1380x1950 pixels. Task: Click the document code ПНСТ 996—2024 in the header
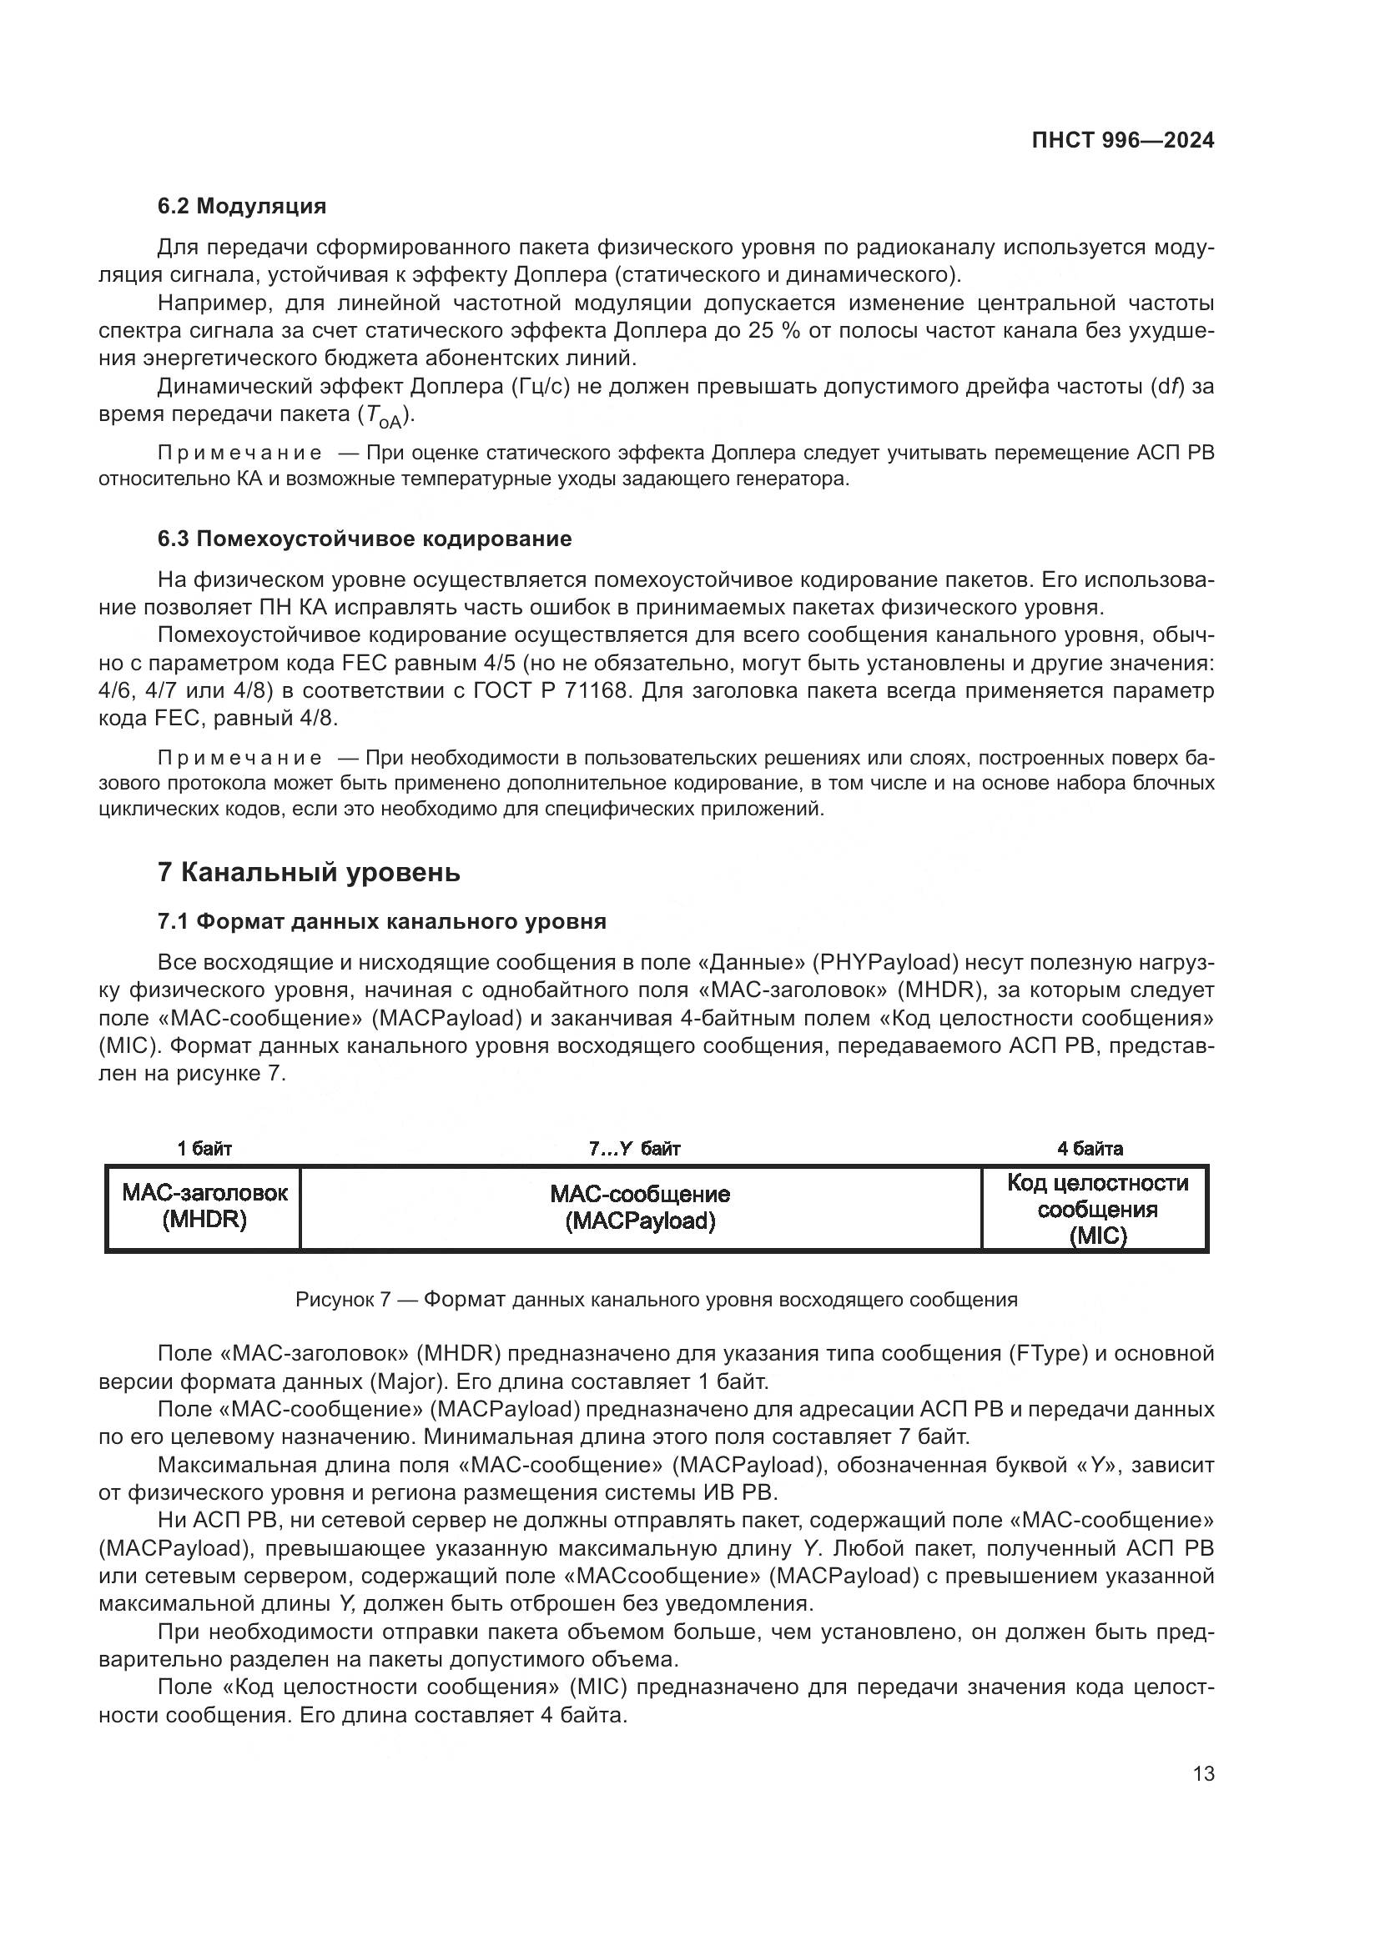(x=1122, y=141)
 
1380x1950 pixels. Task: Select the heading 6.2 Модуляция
(x=241, y=206)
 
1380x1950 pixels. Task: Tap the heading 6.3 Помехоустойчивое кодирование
(x=365, y=539)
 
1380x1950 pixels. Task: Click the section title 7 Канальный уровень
(x=309, y=872)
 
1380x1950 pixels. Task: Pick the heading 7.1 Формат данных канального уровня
(x=381, y=921)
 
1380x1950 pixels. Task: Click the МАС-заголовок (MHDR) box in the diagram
(x=204, y=1207)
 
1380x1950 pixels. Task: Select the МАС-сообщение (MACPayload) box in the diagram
(x=640, y=1207)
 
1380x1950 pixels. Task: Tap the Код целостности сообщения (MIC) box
(x=1096, y=1208)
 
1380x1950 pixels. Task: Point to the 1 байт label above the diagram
(x=204, y=1149)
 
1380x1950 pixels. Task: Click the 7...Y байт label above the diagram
(x=634, y=1149)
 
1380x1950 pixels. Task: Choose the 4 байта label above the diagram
(x=1090, y=1149)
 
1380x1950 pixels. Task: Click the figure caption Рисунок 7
(x=656, y=1300)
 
